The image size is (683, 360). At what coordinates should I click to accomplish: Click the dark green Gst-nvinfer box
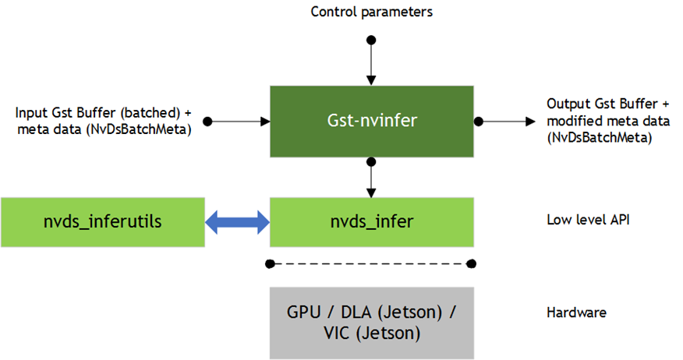tap(371, 121)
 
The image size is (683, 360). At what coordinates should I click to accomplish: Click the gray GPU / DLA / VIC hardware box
tap(371, 321)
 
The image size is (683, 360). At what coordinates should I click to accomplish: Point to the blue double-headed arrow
tap(237, 223)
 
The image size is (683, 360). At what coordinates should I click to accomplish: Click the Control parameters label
tap(371, 12)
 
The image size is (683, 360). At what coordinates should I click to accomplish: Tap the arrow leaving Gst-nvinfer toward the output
tap(507, 122)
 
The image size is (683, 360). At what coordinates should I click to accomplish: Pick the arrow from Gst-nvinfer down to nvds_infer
tap(371, 179)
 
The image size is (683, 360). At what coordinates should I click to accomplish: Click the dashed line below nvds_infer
tap(371, 263)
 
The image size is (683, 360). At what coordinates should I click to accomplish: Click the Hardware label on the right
tap(577, 313)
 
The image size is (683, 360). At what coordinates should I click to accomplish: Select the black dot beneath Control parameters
tap(371, 38)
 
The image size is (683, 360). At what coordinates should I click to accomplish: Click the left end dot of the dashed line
tap(270, 263)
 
